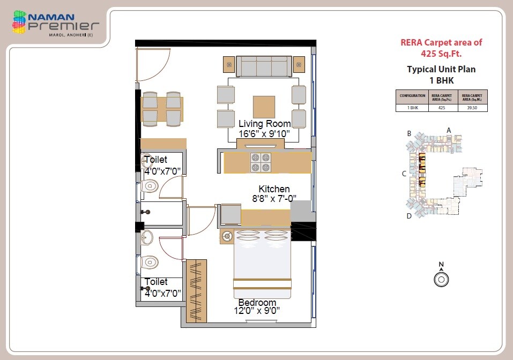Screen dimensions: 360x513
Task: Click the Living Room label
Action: (x=265, y=124)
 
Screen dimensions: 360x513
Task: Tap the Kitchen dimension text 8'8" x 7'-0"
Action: (x=274, y=198)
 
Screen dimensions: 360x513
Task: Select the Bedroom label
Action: (x=257, y=302)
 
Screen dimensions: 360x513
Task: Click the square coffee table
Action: (x=264, y=107)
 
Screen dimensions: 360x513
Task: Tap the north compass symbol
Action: (x=441, y=279)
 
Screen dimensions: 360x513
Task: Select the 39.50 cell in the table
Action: (x=473, y=108)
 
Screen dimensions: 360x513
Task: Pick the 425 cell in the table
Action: (x=442, y=108)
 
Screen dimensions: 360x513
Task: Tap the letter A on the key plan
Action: (x=449, y=130)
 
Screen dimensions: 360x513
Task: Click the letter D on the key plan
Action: (x=409, y=216)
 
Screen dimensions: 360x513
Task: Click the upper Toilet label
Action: (x=155, y=160)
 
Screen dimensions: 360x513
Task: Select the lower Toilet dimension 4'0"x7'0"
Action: (x=162, y=293)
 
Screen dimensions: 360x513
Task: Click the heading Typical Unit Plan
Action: (x=441, y=69)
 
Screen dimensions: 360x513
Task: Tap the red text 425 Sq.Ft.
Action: (x=441, y=54)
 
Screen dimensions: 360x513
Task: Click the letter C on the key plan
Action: (x=405, y=174)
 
